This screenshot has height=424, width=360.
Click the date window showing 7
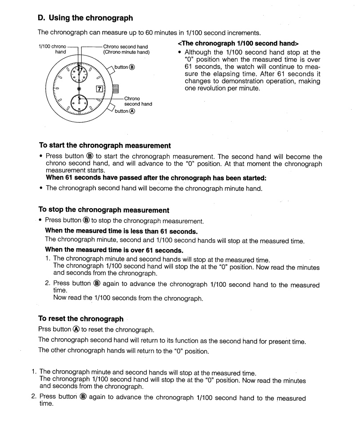click(x=101, y=89)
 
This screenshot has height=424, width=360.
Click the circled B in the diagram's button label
click(x=131, y=67)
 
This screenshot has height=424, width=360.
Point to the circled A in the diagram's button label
click(x=131, y=111)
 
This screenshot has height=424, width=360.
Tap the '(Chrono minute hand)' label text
click(x=127, y=52)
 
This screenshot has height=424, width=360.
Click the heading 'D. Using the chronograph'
click(x=85, y=18)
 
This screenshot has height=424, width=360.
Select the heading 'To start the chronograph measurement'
click(x=104, y=146)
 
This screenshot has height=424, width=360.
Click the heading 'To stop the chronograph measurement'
click(x=104, y=210)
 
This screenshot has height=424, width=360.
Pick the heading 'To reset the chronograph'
click(x=81, y=319)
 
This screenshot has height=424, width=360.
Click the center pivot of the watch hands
click(x=79, y=89)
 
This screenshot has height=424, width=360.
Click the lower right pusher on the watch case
click(x=109, y=107)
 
